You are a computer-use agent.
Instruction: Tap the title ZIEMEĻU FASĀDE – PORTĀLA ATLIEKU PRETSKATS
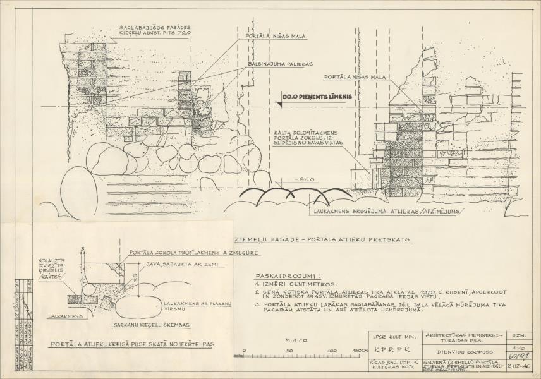(x=322, y=240)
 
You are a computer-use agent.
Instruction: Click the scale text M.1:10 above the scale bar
(x=296, y=339)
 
